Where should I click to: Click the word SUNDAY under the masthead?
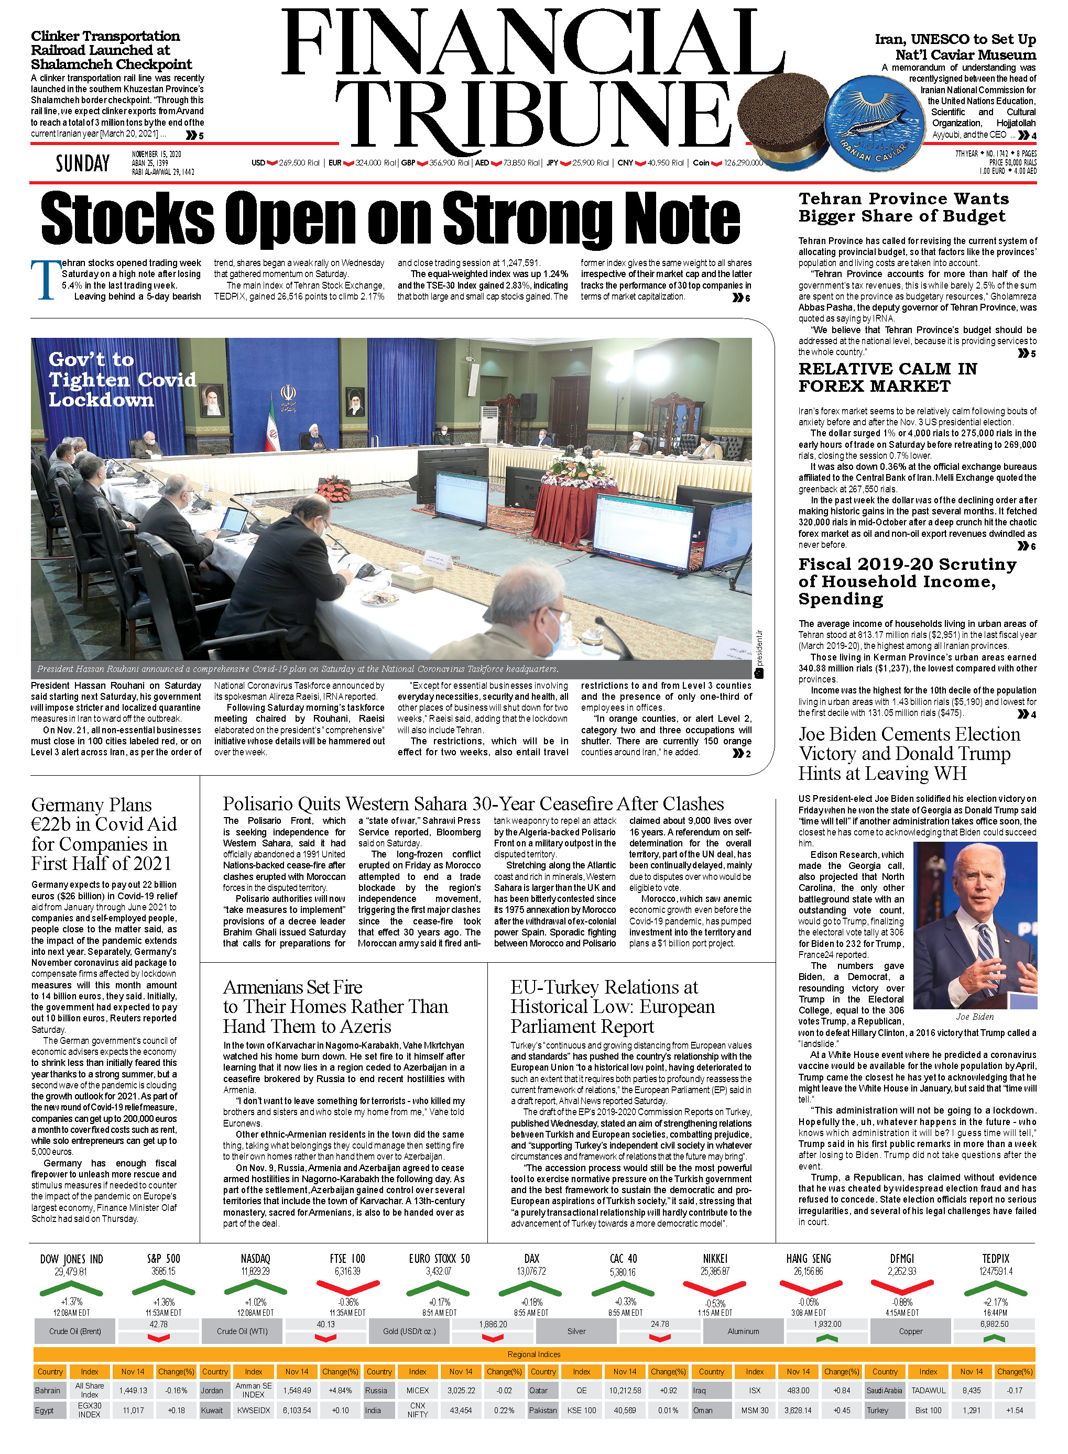tap(82, 163)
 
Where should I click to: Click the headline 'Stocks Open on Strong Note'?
tap(390, 218)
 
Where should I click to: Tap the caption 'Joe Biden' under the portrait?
tap(974, 1017)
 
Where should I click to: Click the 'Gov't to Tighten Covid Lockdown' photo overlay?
tap(122, 379)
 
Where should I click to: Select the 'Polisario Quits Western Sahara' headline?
tap(473, 804)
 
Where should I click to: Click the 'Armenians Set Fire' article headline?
tap(335, 1006)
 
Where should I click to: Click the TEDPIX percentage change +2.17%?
tap(995, 1302)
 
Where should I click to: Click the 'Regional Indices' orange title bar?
tap(534, 1354)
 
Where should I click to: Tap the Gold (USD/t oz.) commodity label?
tap(409, 1331)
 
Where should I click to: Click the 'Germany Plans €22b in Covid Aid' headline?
tap(103, 834)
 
